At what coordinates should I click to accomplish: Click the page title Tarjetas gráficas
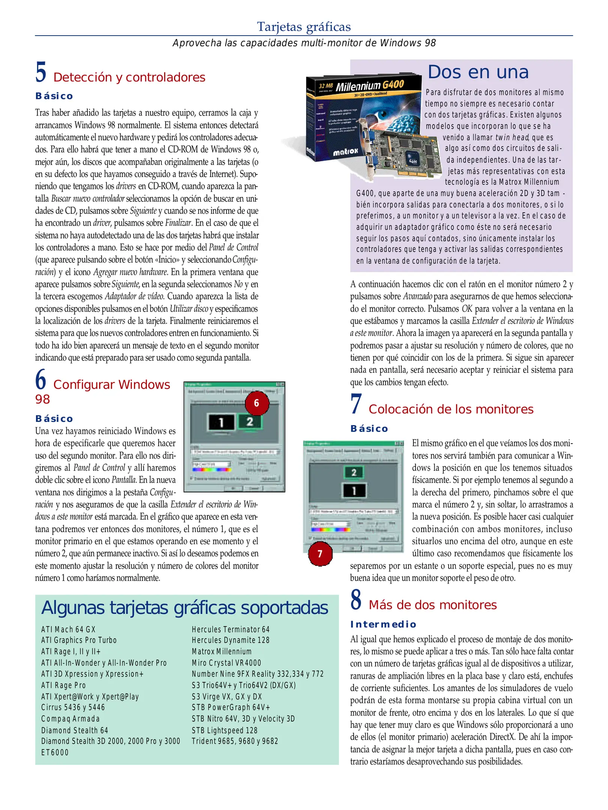coord(304,27)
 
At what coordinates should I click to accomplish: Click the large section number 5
coord(41,72)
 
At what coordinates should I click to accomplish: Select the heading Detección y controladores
coord(129,77)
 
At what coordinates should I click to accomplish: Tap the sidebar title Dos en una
coord(478,72)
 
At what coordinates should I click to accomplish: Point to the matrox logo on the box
coord(345,152)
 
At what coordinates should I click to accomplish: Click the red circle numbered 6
coord(257,403)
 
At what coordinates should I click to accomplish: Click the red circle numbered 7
coord(320,554)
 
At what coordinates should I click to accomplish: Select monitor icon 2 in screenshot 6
coord(250,421)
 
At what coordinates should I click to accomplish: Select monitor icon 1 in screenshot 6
coord(221,423)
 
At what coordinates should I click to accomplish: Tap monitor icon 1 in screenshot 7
coord(354,490)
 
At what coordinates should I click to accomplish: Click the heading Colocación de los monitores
coord(450,409)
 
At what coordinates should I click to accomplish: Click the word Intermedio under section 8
coord(383,624)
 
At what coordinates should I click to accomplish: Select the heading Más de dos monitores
coord(432,605)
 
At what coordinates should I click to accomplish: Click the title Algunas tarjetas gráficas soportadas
coord(185,608)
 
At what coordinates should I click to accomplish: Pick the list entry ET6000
coord(55,753)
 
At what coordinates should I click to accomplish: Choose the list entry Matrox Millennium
coord(222,651)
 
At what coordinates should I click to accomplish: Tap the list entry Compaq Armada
coord(71,719)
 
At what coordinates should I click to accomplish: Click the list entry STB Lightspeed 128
coord(224,730)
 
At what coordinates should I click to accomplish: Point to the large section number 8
coord(356,599)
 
